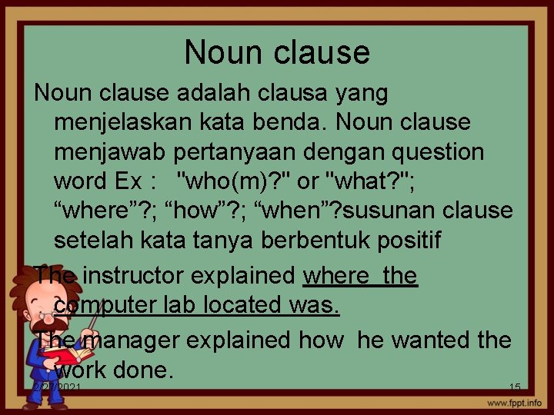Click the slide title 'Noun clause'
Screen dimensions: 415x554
click(277, 52)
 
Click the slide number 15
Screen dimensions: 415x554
click(515, 387)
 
